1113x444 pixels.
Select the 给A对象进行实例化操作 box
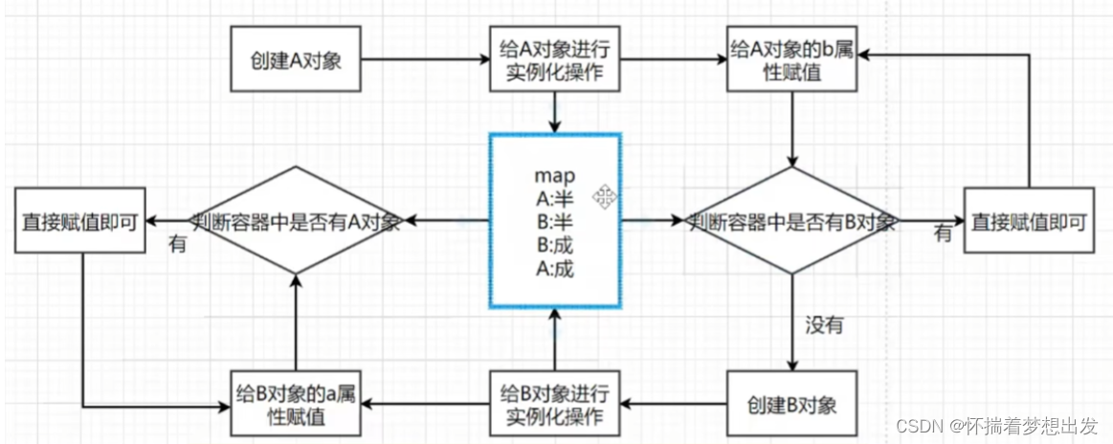click(x=554, y=58)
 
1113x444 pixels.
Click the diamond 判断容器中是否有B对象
click(x=793, y=222)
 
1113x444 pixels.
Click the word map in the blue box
click(x=554, y=178)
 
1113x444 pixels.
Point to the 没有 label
click(x=822, y=325)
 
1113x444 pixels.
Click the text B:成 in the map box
click(x=554, y=244)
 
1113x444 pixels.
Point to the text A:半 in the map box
click(x=554, y=199)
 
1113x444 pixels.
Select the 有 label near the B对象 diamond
click(x=943, y=233)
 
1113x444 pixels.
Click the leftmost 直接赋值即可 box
click(x=79, y=221)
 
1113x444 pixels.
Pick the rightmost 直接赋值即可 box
click(x=1028, y=221)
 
